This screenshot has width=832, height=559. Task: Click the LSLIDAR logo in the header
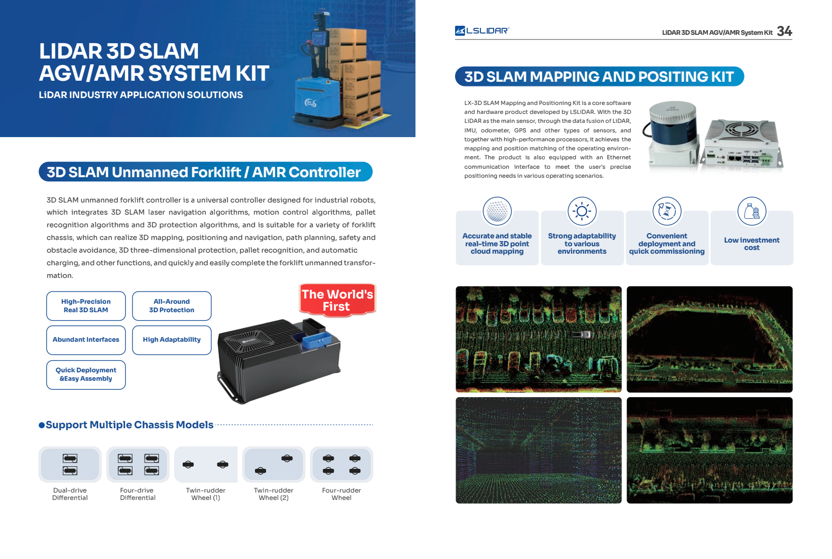point(481,31)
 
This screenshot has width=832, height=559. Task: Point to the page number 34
point(784,32)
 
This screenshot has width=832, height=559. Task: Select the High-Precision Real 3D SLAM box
point(86,306)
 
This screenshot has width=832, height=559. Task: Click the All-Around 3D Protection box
point(172,306)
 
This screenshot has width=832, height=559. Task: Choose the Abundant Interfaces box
point(86,340)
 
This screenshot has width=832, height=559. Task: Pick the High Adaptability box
point(172,340)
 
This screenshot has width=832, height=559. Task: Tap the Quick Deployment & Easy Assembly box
point(86,374)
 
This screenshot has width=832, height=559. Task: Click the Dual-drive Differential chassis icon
point(70,465)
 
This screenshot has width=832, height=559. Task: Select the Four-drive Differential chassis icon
point(138,465)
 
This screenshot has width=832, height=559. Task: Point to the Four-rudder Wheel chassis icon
point(342,465)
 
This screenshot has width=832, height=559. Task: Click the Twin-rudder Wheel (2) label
point(273,494)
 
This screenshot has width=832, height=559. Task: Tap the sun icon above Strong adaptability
point(582,211)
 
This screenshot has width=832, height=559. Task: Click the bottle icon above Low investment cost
point(752,211)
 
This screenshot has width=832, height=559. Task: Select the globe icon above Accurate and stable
point(497,211)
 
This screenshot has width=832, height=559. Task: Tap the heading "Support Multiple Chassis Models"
point(129,425)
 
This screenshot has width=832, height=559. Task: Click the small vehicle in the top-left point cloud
point(582,334)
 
